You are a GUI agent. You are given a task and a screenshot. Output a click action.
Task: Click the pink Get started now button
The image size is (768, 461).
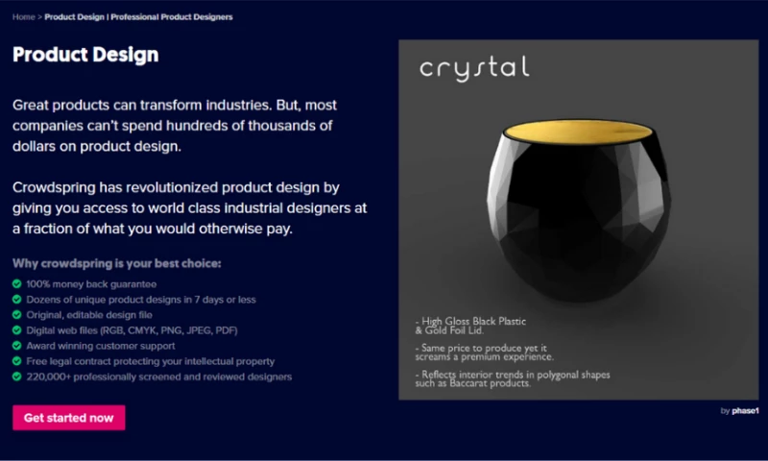tap(68, 418)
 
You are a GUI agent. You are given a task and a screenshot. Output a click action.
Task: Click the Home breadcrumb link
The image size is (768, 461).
tap(23, 17)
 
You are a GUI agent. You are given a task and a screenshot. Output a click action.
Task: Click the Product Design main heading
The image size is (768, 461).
tap(85, 55)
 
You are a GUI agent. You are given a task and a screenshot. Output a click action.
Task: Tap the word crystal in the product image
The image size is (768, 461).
tap(474, 68)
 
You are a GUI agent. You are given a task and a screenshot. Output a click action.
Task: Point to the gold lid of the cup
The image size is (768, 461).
tap(578, 132)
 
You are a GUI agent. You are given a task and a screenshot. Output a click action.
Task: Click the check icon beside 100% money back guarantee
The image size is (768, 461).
tap(17, 283)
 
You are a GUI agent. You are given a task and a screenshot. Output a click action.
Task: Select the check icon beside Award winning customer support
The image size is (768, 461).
tap(17, 346)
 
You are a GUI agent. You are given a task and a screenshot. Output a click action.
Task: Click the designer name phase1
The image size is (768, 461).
tap(745, 410)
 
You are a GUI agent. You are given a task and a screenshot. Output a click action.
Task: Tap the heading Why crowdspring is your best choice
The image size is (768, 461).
tap(116, 263)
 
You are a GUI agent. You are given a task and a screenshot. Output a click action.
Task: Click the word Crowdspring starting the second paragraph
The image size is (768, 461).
tap(54, 187)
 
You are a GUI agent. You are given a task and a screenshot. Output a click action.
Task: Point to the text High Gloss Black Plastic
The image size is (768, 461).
tap(473, 322)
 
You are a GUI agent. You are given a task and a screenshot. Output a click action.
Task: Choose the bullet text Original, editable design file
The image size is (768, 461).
tap(89, 315)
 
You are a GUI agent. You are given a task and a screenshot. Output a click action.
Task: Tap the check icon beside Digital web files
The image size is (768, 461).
tap(17, 330)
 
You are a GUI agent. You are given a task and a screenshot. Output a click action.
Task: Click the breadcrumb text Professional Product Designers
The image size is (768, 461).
tap(172, 17)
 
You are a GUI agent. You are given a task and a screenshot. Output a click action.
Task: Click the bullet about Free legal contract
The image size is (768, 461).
tap(151, 361)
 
